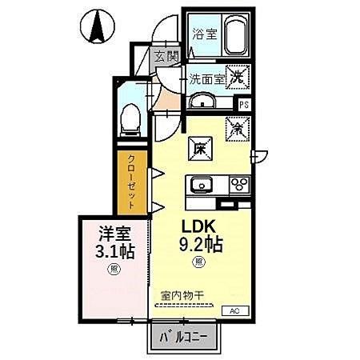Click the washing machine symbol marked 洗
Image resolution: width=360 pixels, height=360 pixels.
pyautogui.click(x=238, y=78)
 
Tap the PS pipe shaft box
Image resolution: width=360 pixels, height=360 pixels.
pyautogui.click(x=244, y=103)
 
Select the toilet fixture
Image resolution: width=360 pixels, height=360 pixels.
pyautogui.click(x=130, y=118)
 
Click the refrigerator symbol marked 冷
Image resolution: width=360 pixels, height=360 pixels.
pyautogui.click(x=237, y=126)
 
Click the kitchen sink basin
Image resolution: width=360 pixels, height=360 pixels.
pyautogui.click(x=200, y=184)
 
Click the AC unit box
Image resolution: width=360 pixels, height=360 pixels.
pyautogui.click(x=236, y=310)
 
